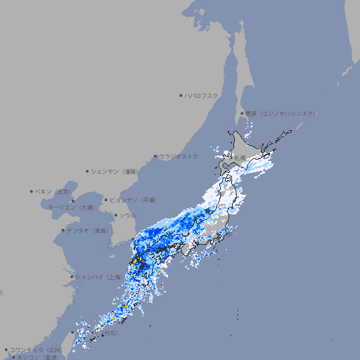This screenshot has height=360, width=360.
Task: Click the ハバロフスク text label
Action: (x=201, y=95)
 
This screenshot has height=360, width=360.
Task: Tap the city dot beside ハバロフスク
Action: (x=181, y=95)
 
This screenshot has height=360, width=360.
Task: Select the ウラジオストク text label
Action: (x=179, y=156)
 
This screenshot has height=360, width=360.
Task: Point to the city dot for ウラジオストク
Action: (x=155, y=156)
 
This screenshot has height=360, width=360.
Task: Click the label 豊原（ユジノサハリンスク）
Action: (x=281, y=113)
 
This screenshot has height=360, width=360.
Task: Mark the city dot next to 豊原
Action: (x=243, y=113)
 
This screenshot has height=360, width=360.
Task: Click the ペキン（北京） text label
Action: (x=54, y=191)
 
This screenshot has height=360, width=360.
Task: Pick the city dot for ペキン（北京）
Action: (x=32, y=191)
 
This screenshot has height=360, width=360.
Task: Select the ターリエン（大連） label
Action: (x=71, y=207)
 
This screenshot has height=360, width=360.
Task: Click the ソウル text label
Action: (x=127, y=215)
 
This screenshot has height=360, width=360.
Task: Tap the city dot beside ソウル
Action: (x=115, y=215)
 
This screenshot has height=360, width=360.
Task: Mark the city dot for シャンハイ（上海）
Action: (x=72, y=277)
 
